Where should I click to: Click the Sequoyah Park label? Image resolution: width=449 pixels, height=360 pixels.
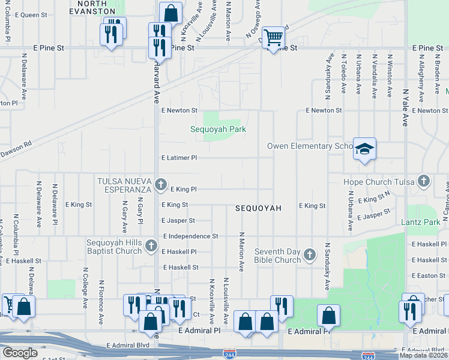pos(218,129)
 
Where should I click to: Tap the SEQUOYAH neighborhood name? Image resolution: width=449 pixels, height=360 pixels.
pos(258,208)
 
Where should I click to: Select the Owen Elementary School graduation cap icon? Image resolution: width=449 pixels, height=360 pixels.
pos(364,148)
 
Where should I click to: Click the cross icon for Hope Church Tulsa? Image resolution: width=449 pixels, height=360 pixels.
pos(424,181)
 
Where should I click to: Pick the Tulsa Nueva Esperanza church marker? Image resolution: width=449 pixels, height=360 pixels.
pos(160,184)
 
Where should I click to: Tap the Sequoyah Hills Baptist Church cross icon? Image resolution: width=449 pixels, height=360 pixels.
pos(150,245)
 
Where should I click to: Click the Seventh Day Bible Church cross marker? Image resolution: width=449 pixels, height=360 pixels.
pos(310,255)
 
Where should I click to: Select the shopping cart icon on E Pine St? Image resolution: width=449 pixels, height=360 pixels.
pos(273,37)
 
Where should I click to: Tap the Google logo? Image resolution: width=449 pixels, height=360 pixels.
pos(20,352)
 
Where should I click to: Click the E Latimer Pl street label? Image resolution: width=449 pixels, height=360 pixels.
pos(179,158)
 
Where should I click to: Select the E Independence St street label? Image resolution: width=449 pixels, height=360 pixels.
pos(190,236)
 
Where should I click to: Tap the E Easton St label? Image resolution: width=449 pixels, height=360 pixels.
pos(429,275)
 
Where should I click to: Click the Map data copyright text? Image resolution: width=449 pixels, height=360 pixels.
pos(424,355)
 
